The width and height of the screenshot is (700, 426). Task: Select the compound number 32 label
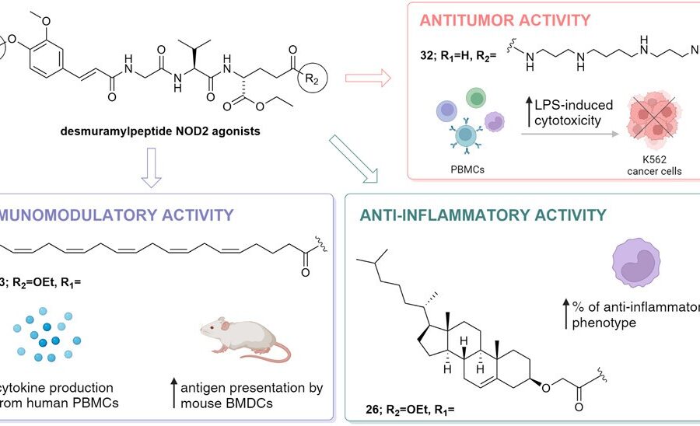(426, 56)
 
